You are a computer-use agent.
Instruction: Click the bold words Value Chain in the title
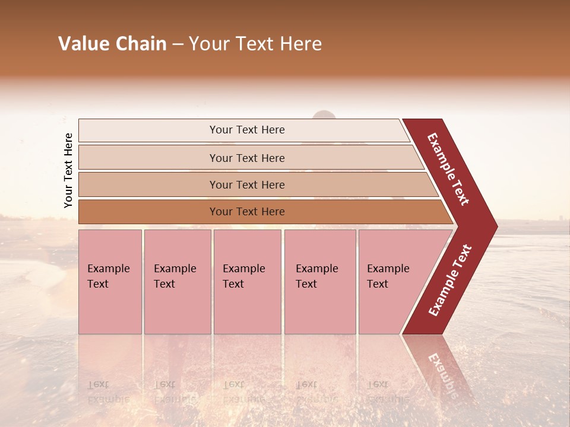pos(112,44)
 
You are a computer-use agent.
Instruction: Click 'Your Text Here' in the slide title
pos(255,44)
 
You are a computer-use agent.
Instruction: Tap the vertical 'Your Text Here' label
pos(68,170)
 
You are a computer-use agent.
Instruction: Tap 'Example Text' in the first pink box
pos(108,276)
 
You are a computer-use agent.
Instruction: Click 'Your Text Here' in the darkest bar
pos(247,212)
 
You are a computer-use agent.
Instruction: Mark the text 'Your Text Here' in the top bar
pos(247,130)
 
